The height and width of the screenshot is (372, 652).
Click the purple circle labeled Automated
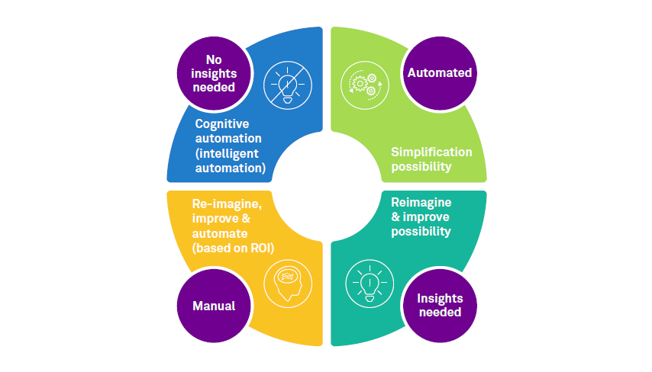click(440, 73)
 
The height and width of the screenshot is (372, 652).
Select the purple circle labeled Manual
click(214, 306)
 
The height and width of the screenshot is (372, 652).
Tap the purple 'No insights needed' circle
click(214, 73)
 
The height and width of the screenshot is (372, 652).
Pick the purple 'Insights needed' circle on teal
click(440, 306)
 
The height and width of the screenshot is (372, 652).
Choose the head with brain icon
click(288, 283)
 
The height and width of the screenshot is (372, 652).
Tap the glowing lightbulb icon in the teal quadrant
click(368, 283)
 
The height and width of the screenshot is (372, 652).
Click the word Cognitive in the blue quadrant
click(222, 124)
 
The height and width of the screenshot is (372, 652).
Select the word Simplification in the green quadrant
click(431, 152)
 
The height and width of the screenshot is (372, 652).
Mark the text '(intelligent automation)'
click(230, 160)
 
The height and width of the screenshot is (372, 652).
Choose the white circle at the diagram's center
click(327, 186)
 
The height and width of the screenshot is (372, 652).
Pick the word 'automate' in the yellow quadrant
click(218, 232)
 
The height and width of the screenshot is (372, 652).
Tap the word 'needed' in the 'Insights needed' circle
click(440, 313)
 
